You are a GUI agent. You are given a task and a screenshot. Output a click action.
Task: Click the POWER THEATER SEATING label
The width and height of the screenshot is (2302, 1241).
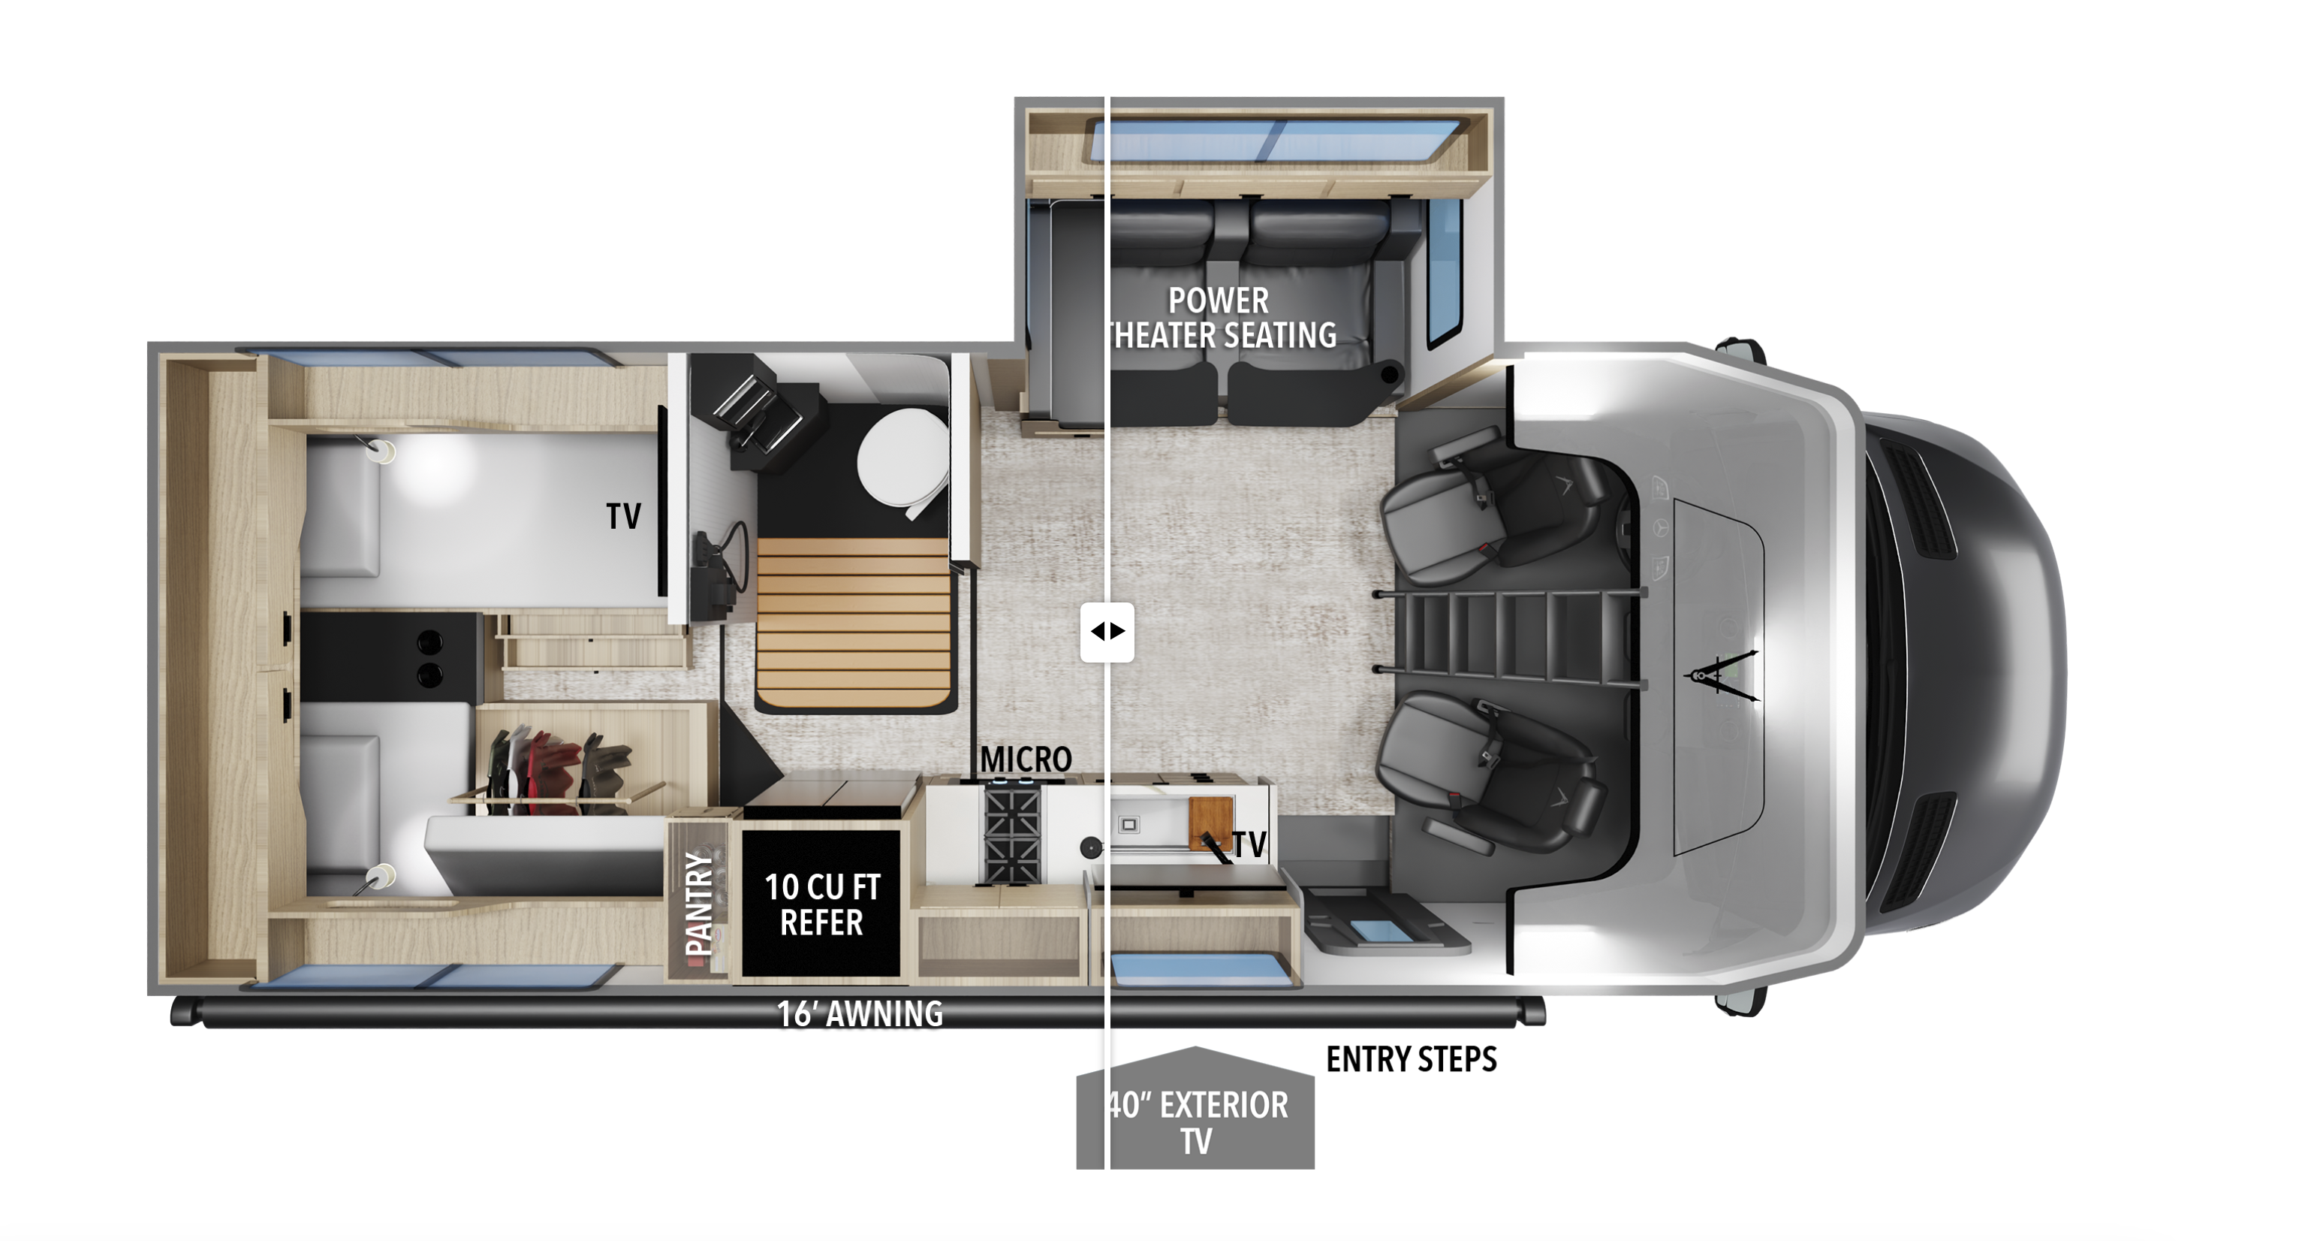1221,318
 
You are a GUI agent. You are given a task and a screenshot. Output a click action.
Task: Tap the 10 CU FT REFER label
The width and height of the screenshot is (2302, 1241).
822,904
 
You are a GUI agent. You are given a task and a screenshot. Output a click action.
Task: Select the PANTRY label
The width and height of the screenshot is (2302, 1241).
699,903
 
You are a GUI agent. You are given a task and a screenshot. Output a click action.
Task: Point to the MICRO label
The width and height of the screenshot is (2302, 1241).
1025,759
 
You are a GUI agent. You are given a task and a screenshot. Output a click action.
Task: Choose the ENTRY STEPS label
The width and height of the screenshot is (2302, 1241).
1411,1058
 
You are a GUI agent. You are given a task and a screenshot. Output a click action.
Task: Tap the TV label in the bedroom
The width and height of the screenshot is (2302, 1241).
623,516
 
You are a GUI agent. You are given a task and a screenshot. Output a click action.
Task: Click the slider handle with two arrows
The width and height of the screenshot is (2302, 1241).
1107,632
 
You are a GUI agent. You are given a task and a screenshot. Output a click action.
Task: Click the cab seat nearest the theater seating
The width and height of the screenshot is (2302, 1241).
1494,502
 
